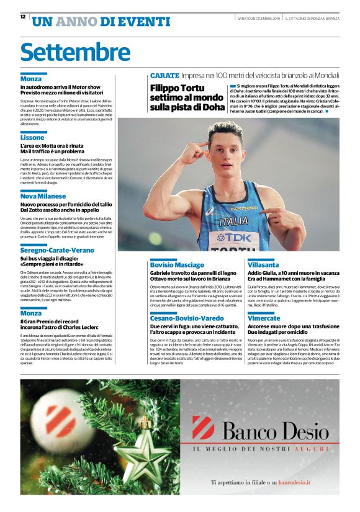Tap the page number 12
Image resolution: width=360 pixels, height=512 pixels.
pos(23,17)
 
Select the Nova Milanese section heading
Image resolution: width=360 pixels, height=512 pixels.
pos(43,195)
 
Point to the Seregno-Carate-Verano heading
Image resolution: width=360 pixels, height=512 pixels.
pos(57,249)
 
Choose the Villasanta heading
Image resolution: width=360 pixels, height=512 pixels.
pos(263,264)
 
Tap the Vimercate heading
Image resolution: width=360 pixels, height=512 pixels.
pos(264,318)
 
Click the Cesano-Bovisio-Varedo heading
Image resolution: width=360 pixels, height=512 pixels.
pos(187,318)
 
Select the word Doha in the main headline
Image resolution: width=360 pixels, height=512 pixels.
pos(212,107)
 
